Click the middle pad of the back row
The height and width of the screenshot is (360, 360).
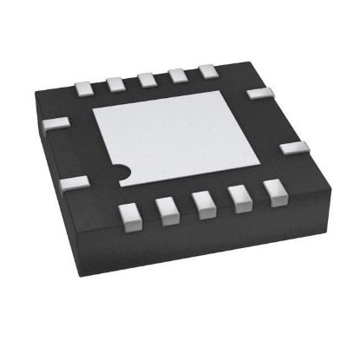[147, 79]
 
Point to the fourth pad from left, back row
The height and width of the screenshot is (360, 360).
[177, 75]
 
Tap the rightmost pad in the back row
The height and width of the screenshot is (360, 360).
[207, 71]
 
